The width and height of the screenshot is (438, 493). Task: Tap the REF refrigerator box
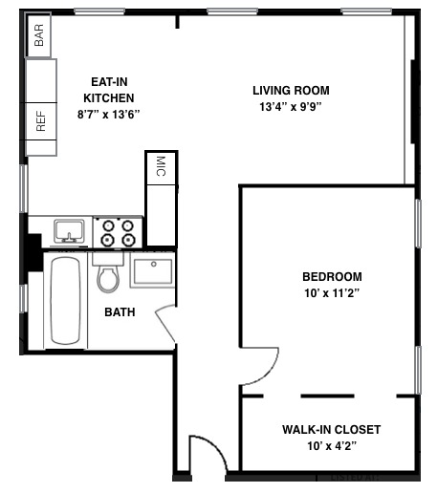coord(41,121)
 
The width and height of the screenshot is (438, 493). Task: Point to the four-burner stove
coord(119,232)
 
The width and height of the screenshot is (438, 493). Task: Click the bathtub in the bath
coord(67,299)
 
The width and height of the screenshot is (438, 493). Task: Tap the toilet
coord(108,274)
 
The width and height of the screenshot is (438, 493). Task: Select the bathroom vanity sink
coord(152,271)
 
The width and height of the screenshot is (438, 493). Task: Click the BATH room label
coord(120,311)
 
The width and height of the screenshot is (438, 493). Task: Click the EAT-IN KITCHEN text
coord(108,90)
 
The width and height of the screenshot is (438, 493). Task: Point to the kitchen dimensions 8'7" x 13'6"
coord(108,114)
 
